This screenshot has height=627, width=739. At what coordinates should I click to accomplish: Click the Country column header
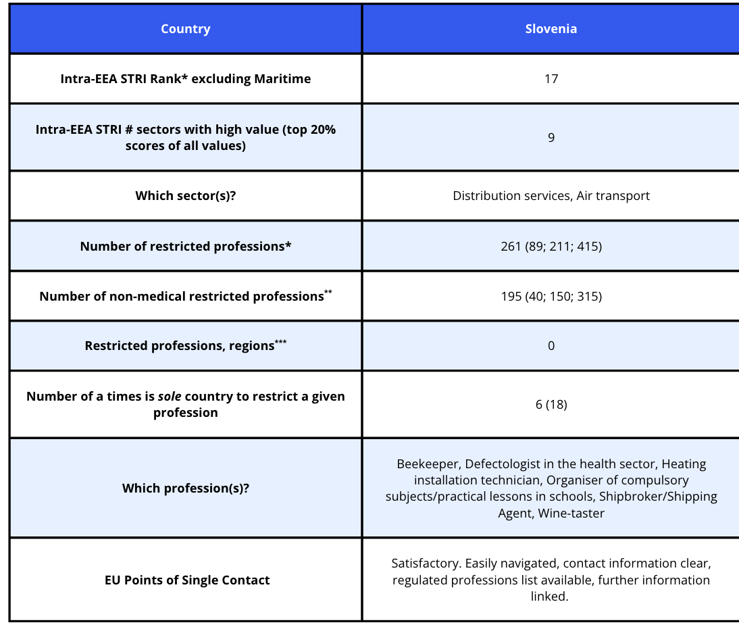click(x=185, y=29)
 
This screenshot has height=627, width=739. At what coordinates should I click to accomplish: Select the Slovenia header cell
click(x=551, y=29)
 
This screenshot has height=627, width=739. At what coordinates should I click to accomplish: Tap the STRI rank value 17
click(x=551, y=79)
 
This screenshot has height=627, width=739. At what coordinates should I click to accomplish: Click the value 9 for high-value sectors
click(x=551, y=137)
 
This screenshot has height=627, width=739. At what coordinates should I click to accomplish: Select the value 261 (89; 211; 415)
click(x=551, y=246)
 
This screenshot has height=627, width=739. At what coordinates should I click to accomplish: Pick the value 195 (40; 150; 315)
click(x=551, y=296)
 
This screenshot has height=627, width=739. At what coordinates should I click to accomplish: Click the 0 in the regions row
click(x=551, y=346)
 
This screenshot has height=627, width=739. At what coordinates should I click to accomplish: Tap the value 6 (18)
click(x=551, y=405)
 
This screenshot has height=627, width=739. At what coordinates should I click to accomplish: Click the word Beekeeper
click(x=427, y=464)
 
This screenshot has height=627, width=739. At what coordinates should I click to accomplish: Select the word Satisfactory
click(x=426, y=563)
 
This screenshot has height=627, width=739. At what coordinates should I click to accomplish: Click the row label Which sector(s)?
click(x=185, y=196)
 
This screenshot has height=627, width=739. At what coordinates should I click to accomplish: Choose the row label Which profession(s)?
click(x=185, y=488)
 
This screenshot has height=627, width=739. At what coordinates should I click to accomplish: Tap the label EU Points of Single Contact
click(x=187, y=580)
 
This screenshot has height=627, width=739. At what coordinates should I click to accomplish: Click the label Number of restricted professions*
click(x=185, y=247)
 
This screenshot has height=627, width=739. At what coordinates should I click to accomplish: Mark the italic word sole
click(x=170, y=397)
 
